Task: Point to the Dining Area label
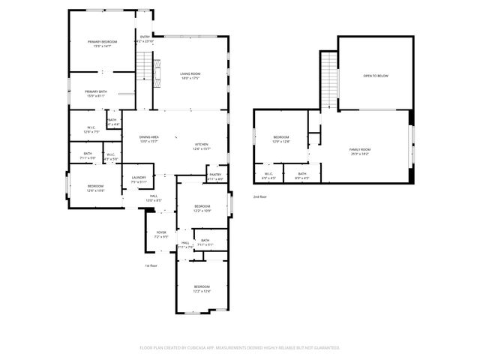point(149,138)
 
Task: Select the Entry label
point(145,37)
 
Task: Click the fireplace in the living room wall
point(157,73)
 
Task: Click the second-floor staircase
point(328,81)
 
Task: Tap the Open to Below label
point(376,76)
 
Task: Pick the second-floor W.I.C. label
point(268,176)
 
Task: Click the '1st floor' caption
point(151,265)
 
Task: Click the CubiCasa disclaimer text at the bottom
point(240,347)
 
